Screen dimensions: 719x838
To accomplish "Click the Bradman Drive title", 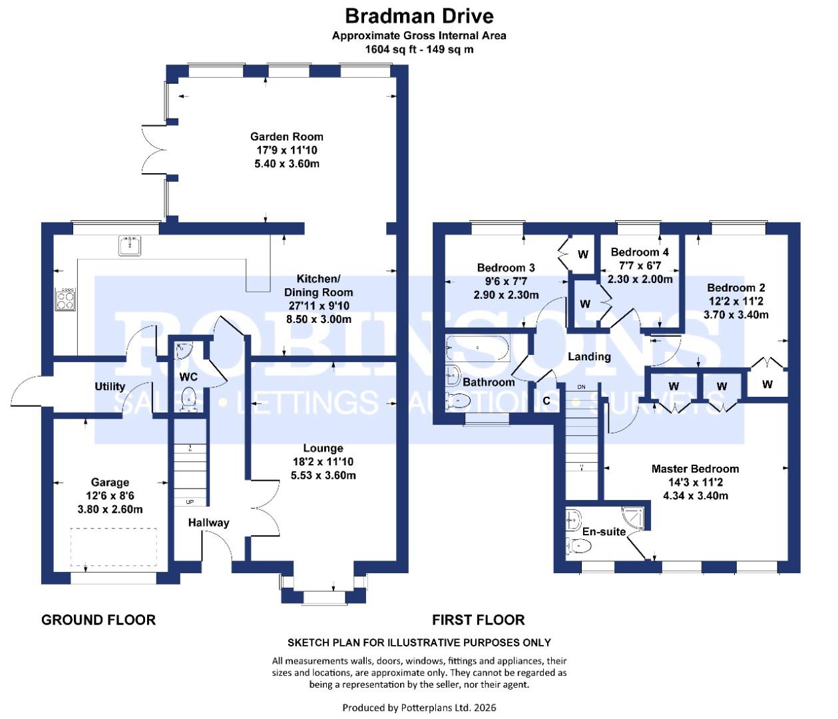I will tap(419, 15).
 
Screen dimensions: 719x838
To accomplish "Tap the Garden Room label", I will tap(286, 136).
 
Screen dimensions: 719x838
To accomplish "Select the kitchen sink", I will tap(128, 246).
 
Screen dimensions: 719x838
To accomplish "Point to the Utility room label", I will tap(110, 386).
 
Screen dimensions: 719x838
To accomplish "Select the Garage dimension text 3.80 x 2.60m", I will tap(110, 509).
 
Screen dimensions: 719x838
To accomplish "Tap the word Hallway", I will tap(208, 523).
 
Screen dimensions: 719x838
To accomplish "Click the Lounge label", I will tap(323, 448).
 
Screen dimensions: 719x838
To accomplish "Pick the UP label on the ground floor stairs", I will tap(190, 501).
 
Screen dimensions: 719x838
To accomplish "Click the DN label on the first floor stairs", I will tap(581, 387).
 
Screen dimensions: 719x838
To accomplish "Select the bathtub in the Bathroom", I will tap(478, 348).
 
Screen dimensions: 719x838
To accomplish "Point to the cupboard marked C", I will tap(546, 401).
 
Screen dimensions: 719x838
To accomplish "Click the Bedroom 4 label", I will tap(639, 252).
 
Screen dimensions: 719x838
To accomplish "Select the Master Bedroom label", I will tap(695, 469).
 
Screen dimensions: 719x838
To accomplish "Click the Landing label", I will tap(589, 357).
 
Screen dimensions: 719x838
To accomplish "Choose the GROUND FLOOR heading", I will tap(99, 620).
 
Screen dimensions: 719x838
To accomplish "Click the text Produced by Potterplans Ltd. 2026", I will tap(419, 707).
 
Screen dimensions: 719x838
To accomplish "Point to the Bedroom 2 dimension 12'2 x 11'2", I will tap(735, 301).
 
